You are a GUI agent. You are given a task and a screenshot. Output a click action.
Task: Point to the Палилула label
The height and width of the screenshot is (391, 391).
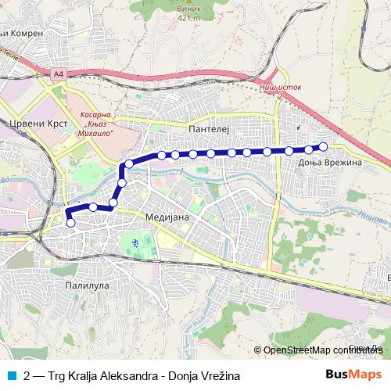(x=87, y=286)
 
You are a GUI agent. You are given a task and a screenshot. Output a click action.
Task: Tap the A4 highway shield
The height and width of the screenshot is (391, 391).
(x=59, y=74)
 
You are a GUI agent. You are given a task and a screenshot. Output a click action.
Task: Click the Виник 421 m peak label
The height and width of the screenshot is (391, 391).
(x=188, y=13)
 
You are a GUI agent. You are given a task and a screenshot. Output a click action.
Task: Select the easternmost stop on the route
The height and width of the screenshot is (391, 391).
(x=323, y=145)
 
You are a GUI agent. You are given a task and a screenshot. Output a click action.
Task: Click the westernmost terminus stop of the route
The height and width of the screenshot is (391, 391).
(x=71, y=223)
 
